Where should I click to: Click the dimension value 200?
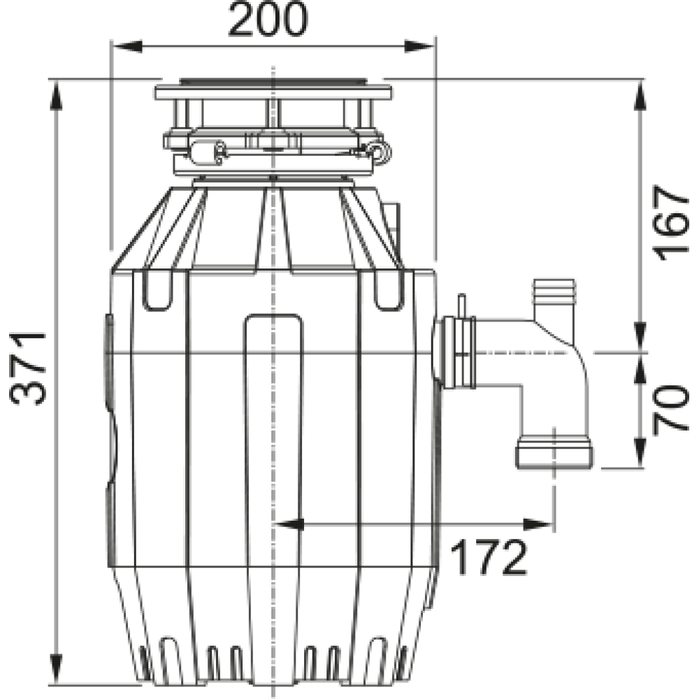click(x=268, y=20)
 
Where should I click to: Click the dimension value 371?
click(x=28, y=368)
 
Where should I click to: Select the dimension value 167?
click(x=670, y=223)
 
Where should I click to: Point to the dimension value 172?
click(x=489, y=557)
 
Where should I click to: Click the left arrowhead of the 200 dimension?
click(x=127, y=46)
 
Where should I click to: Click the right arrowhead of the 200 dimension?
click(x=419, y=46)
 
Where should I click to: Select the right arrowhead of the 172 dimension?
click(x=538, y=525)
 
